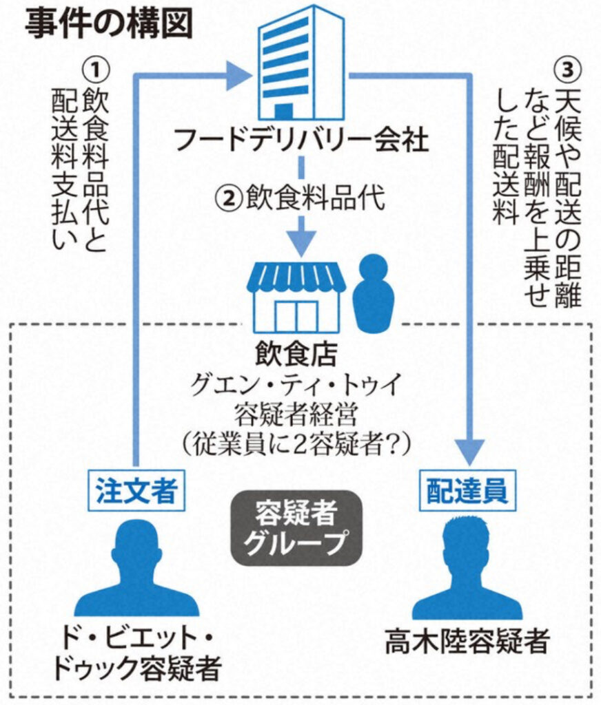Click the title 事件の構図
[x=109, y=25]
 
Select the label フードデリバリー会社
[x=302, y=141]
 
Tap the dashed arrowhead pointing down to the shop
[x=301, y=238]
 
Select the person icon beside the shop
[x=373, y=293]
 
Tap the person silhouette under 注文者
[x=136, y=571]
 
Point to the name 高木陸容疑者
[x=467, y=643]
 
